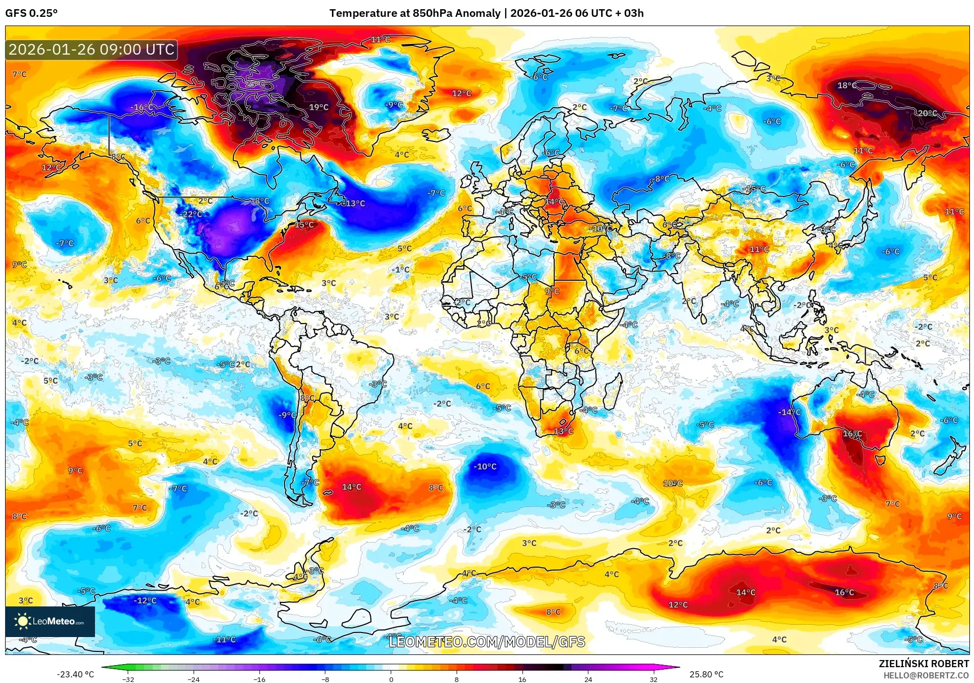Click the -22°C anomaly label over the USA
tap(192, 214)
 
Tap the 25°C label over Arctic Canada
tap(255, 84)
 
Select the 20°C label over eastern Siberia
tap(927, 113)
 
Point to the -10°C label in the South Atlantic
tap(484, 467)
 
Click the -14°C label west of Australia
tap(789, 412)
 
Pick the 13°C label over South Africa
tap(563, 431)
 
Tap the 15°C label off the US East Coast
tap(304, 225)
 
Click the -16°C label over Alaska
tap(141, 107)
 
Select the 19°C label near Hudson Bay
tap(319, 107)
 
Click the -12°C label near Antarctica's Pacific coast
tap(145, 600)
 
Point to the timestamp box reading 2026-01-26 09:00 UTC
tap(91, 50)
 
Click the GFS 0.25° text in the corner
tap(31, 13)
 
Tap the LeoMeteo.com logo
tap(50, 621)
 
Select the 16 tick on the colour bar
tap(522, 679)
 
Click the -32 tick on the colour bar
tap(128, 679)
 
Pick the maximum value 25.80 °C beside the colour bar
tap(706, 674)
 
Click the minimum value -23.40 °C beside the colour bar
tap(75, 674)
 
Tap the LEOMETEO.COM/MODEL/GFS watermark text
tap(487, 642)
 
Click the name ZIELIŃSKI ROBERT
tap(923, 664)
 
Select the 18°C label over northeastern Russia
tap(846, 85)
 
